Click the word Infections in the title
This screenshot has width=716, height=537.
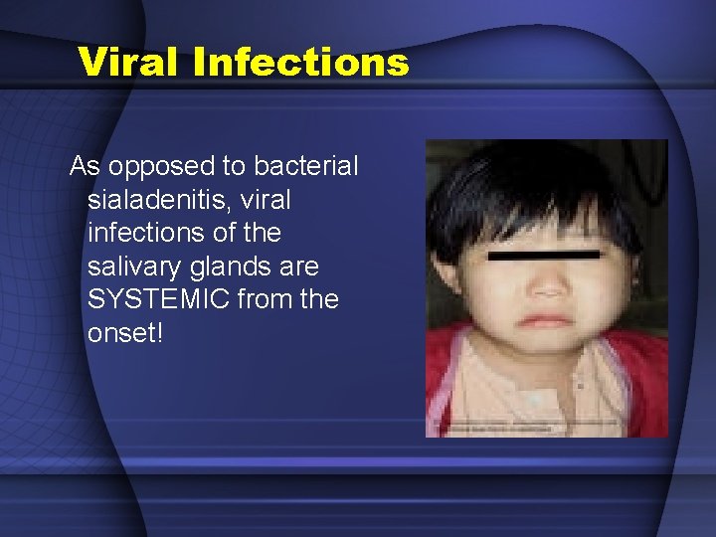tap(301, 62)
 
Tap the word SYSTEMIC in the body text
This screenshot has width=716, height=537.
tap(159, 299)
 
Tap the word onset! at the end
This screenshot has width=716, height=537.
tap(123, 333)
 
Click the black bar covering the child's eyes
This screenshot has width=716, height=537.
tap(544, 256)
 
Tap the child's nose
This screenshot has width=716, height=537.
tap(545, 284)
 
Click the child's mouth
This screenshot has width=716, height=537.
tap(544, 320)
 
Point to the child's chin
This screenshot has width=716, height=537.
tap(544, 348)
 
